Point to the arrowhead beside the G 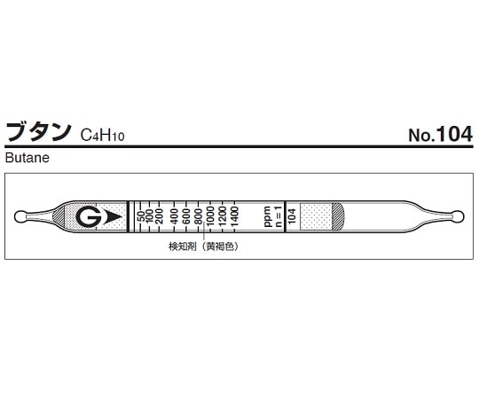coord(107,216)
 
